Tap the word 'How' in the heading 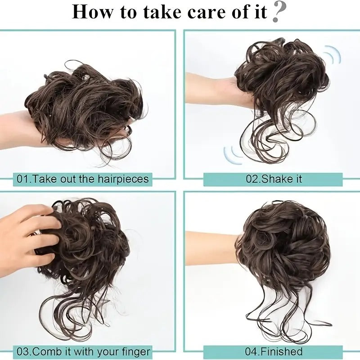[92, 12]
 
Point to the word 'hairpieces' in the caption [123, 179]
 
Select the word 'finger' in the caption [136, 352]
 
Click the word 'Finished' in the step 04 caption [282, 351]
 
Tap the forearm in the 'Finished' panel [211, 248]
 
